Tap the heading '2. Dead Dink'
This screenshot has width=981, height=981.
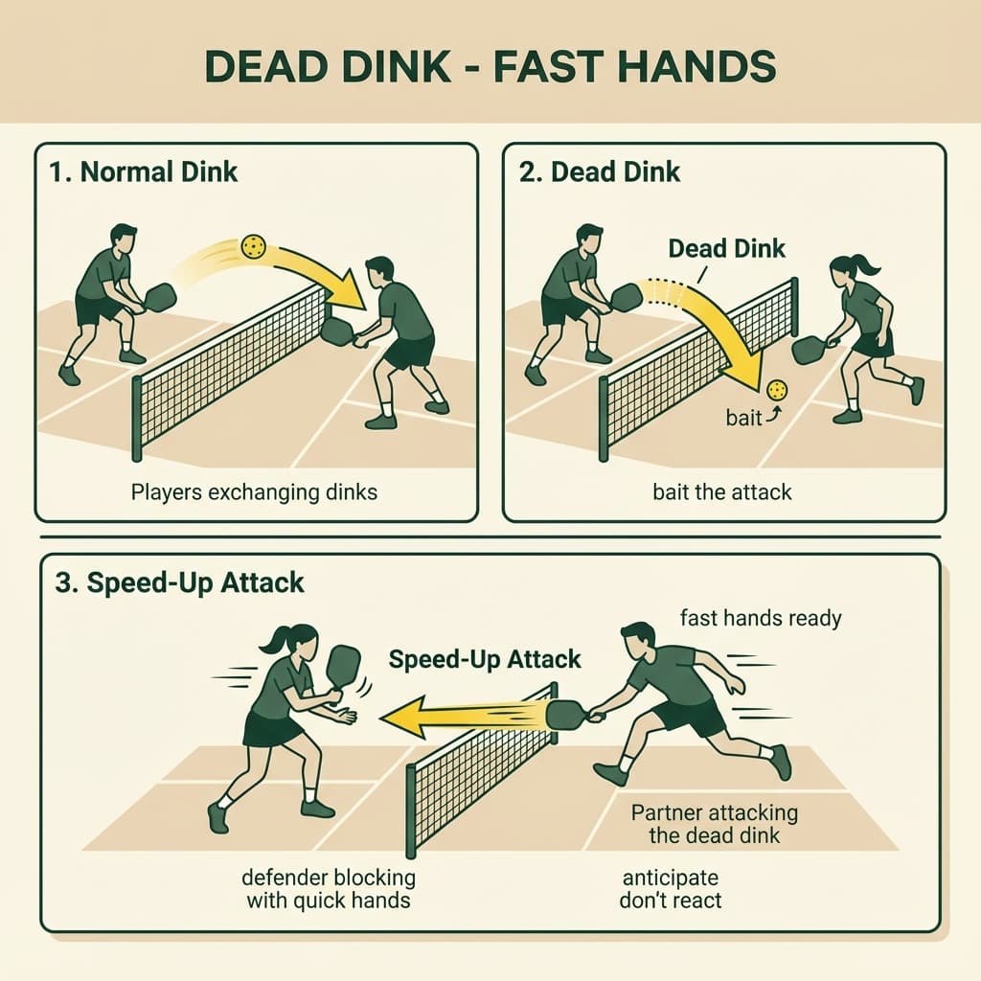point(601,172)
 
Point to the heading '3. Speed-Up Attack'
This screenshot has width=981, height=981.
point(179,583)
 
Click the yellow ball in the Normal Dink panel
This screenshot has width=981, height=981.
point(254,247)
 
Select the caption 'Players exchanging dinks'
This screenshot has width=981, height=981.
point(254,493)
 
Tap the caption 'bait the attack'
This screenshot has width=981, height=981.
point(721,493)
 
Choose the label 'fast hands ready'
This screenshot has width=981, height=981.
point(760,618)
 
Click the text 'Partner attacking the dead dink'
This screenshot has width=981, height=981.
point(714,823)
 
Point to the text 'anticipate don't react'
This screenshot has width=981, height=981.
point(671,888)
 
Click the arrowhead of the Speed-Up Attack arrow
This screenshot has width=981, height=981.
point(400,718)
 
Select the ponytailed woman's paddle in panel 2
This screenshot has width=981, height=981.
point(808,350)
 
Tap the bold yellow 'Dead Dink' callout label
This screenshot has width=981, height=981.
point(726,248)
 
